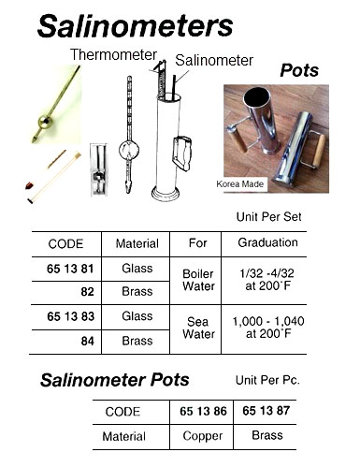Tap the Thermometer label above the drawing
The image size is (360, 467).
114,54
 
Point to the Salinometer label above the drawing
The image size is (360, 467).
214,60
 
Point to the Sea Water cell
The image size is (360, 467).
198,328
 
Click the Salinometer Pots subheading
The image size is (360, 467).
115,380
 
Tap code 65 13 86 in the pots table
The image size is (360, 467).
204,412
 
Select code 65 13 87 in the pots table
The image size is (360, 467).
273,412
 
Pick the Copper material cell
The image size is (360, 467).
204,436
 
